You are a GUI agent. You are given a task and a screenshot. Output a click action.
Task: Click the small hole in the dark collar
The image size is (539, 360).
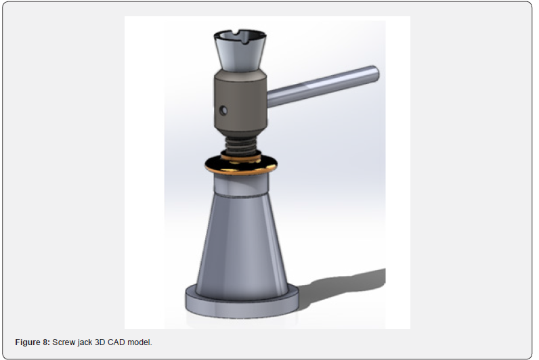pyautogui.click(x=223, y=110)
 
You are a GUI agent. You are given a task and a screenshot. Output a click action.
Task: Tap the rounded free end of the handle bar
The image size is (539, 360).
pyautogui.click(x=375, y=74)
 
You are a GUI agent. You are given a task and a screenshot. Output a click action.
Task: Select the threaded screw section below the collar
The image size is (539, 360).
pyautogui.click(x=240, y=144)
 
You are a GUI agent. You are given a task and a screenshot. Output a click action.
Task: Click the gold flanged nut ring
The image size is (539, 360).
pyautogui.click(x=241, y=165)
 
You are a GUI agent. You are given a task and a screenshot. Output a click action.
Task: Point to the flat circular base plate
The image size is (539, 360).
pyautogui.click(x=242, y=306)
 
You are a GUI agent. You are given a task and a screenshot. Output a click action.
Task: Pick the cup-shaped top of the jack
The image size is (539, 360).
pyautogui.click(x=240, y=50)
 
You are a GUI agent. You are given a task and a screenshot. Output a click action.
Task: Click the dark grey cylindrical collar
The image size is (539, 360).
pyautogui.click(x=240, y=102)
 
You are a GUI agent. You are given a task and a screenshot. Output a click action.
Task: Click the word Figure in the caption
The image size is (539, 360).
pyautogui.click(x=28, y=342)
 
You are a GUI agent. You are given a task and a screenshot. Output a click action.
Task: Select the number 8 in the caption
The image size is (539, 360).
pyautogui.click(x=45, y=342)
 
